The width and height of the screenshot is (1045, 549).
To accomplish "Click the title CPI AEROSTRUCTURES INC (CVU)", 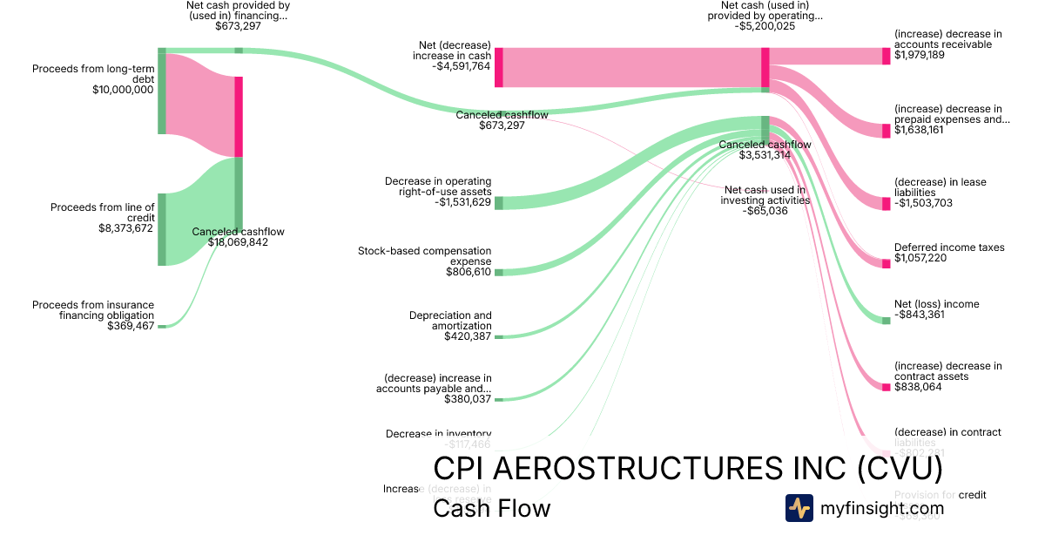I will tap(688, 468).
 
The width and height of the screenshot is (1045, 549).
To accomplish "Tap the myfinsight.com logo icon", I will tap(799, 508).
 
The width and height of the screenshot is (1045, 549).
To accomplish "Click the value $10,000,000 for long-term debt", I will tap(123, 90).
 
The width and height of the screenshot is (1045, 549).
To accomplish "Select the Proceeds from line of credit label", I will tap(102, 213).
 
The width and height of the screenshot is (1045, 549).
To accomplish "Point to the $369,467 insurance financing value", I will tap(131, 326).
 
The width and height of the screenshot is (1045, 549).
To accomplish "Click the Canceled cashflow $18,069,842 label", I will tap(238, 237).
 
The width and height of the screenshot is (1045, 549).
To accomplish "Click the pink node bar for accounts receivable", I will tap(887, 56).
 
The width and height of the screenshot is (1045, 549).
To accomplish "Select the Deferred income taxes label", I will tap(949, 247).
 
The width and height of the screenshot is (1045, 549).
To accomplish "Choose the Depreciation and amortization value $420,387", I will tap(468, 335).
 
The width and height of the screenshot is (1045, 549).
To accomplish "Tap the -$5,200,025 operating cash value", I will tap(765, 26).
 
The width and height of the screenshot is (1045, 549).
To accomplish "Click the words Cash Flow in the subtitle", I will tap(491, 508).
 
